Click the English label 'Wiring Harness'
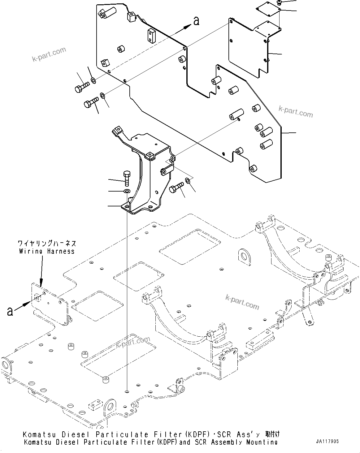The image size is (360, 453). [47, 251]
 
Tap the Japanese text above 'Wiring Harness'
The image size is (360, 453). [47, 243]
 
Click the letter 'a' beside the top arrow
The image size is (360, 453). [196, 21]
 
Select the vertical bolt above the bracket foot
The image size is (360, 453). [127, 178]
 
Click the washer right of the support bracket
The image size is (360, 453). [187, 180]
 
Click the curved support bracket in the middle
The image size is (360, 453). [145, 173]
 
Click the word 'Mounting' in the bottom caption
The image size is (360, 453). [262, 442]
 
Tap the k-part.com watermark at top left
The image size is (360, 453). [49, 54]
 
